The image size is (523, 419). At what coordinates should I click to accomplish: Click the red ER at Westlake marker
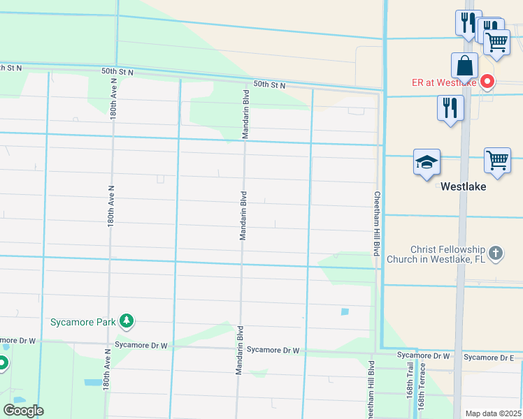click(x=487, y=82)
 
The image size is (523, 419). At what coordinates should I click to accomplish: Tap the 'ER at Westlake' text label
click(x=443, y=82)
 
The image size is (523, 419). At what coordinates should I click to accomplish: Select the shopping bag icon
click(x=464, y=67)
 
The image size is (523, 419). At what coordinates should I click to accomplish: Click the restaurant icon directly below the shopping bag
click(x=450, y=108)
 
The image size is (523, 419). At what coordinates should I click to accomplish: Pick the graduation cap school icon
click(x=427, y=163)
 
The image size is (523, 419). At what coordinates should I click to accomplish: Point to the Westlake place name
click(x=463, y=187)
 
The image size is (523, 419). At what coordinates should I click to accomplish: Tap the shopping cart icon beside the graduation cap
click(x=497, y=160)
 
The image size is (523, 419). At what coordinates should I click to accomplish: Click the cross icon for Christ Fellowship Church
click(x=496, y=253)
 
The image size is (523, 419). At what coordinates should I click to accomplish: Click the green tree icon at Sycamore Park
click(x=127, y=321)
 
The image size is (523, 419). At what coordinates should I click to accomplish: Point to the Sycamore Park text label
click(x=83, y=322)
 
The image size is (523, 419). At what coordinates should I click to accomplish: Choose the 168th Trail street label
click(x=410, y=395)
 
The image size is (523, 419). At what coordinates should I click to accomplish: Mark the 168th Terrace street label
click(x=422, y=397)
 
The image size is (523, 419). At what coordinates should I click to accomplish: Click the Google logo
click(x=23, y=411)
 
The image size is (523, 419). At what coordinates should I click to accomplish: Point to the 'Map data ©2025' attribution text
click(x=493, y=413)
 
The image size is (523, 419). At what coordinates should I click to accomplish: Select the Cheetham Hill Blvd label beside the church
click(x=376, y=223)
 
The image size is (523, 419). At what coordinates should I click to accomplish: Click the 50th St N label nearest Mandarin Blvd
click(x=269, y=84)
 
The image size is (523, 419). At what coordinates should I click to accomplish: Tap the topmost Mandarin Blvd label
click(x=246, y=114)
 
